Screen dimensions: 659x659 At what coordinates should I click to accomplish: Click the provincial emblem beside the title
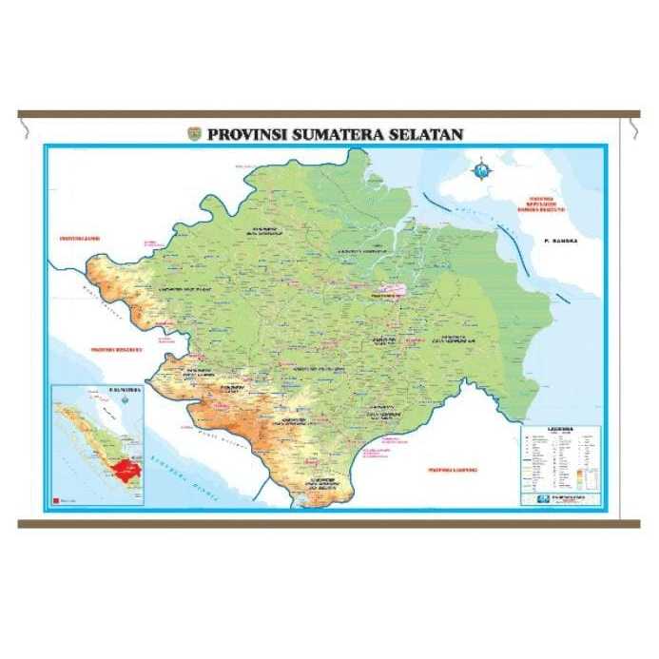(195, 134)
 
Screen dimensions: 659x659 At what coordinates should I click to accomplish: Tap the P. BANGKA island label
(560, 242)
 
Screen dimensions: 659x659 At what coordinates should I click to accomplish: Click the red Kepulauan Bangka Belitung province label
(549, 204)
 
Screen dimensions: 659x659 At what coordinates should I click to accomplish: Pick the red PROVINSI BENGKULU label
(115, 350)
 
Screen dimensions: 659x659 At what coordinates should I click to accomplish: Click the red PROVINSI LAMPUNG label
(452, 469)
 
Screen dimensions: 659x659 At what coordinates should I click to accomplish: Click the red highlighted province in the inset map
(124, 467)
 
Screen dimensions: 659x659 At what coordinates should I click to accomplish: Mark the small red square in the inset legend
(57, 498)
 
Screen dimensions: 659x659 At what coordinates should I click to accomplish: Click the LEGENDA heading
(561, 429)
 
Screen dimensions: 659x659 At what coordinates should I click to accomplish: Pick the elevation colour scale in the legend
(589, 472)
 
